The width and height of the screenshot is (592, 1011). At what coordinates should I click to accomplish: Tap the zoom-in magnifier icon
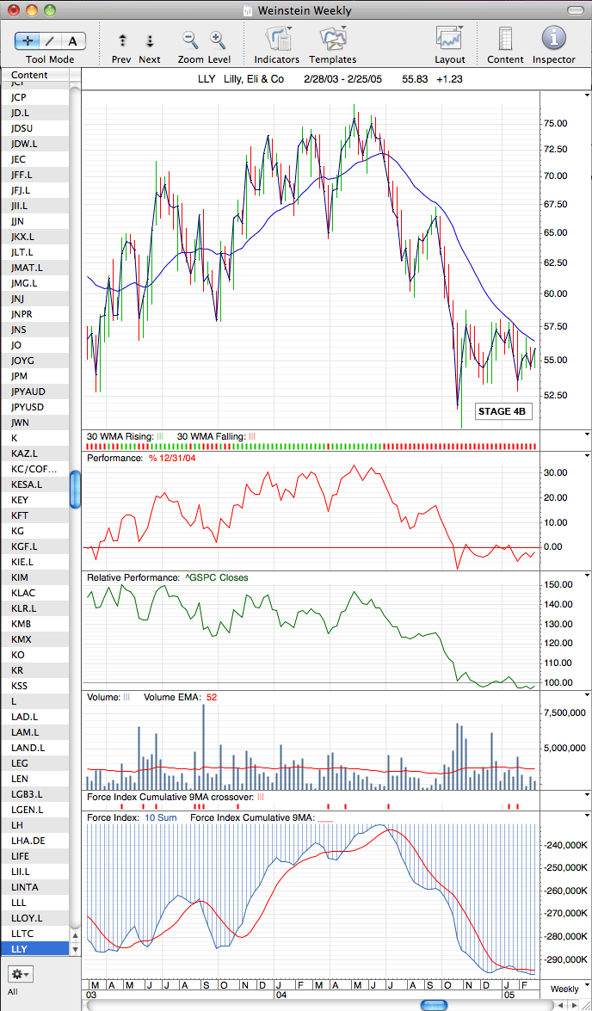click(218, 40)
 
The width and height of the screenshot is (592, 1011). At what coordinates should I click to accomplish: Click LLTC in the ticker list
click(22, 933)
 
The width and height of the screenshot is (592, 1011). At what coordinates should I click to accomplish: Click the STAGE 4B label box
click(503, 411)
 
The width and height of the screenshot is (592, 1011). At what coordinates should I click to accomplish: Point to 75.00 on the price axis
click(555, 123)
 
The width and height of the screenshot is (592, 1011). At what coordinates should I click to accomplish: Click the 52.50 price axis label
click(555, 395)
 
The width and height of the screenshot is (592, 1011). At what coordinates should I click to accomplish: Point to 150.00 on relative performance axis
click(558, 585)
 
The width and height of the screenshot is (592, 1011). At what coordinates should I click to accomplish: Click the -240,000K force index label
click(565, 845)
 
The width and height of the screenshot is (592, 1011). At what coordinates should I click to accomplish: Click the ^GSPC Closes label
click(215, 577)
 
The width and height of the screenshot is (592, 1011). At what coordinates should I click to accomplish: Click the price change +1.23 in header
click(450, 79)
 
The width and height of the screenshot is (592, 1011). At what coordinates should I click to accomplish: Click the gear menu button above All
click(19, 974)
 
